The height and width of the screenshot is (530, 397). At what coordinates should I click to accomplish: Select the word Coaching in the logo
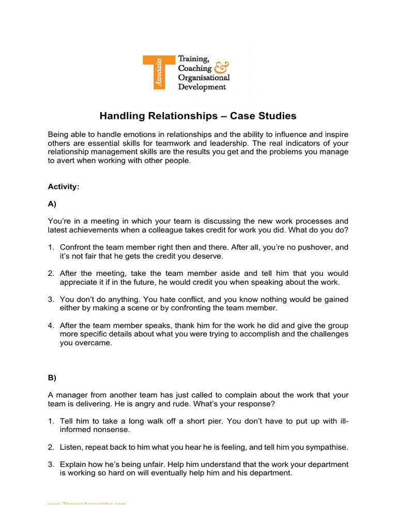[x=195, y=68]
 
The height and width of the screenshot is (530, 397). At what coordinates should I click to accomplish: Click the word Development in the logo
[x=202, y=87]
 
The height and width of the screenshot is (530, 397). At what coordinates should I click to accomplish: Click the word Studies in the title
[x=279, y=115]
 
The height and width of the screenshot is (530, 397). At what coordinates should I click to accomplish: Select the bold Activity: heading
[x=63, y=187]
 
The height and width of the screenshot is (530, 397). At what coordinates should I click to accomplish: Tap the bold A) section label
[x=52, y=204]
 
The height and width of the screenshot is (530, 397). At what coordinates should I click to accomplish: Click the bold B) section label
[x=52, y=377]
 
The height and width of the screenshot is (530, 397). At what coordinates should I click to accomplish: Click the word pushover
[x=312, y=247]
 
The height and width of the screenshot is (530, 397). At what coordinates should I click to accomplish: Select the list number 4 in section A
[x=51, y=326]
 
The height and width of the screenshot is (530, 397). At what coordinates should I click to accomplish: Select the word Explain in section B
[x=73, y=464]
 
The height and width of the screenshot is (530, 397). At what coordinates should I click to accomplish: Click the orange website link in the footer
[x=86, y=503]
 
